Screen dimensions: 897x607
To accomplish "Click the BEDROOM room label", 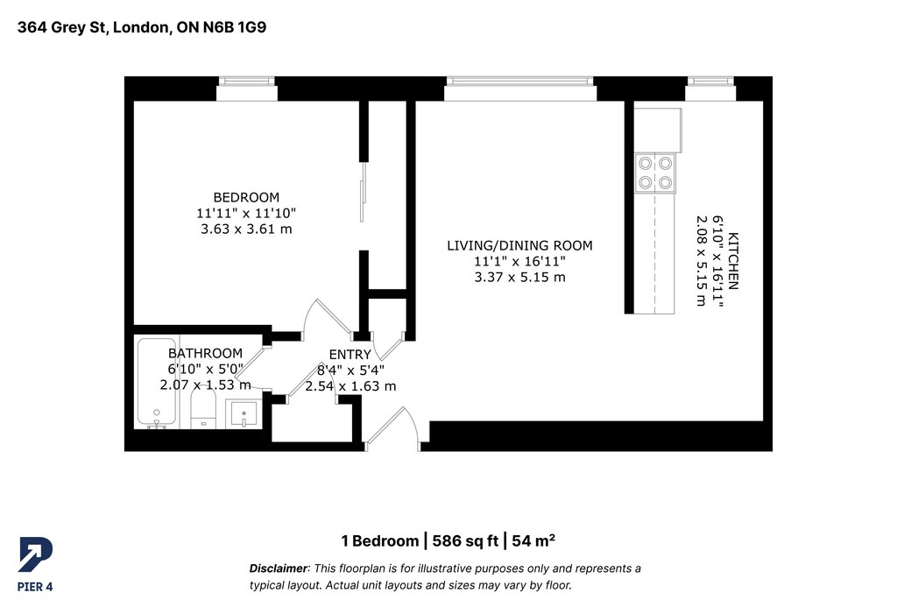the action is click(x=246, y=197).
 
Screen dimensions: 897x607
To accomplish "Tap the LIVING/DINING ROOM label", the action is click(x=519, y=245).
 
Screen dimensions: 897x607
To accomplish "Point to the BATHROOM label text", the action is click(x=205, y=353).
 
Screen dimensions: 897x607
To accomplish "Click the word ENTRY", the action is click(x=350, y=355).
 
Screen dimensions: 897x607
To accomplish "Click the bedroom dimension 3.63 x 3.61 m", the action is click(x=246, y=229).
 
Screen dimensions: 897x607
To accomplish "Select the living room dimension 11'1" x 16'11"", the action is click(x=519, y=261).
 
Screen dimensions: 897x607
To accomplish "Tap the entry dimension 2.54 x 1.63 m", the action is click(x=350, y=386).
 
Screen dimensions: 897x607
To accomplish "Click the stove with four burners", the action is click(x=655, y=173).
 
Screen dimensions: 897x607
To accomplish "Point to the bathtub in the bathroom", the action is click(x=157, y=384).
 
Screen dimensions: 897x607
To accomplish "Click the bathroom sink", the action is click(x=244, y=413).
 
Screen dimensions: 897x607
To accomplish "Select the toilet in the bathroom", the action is click(x=202, y=408).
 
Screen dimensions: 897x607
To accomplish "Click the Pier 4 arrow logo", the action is click(x=35, y=554).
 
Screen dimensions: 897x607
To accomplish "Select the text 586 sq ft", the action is click(x=465, y=540).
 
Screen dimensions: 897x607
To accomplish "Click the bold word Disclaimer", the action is click(x=279, y=568).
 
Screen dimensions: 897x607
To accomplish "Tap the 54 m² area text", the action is click(x=533, y=540).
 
